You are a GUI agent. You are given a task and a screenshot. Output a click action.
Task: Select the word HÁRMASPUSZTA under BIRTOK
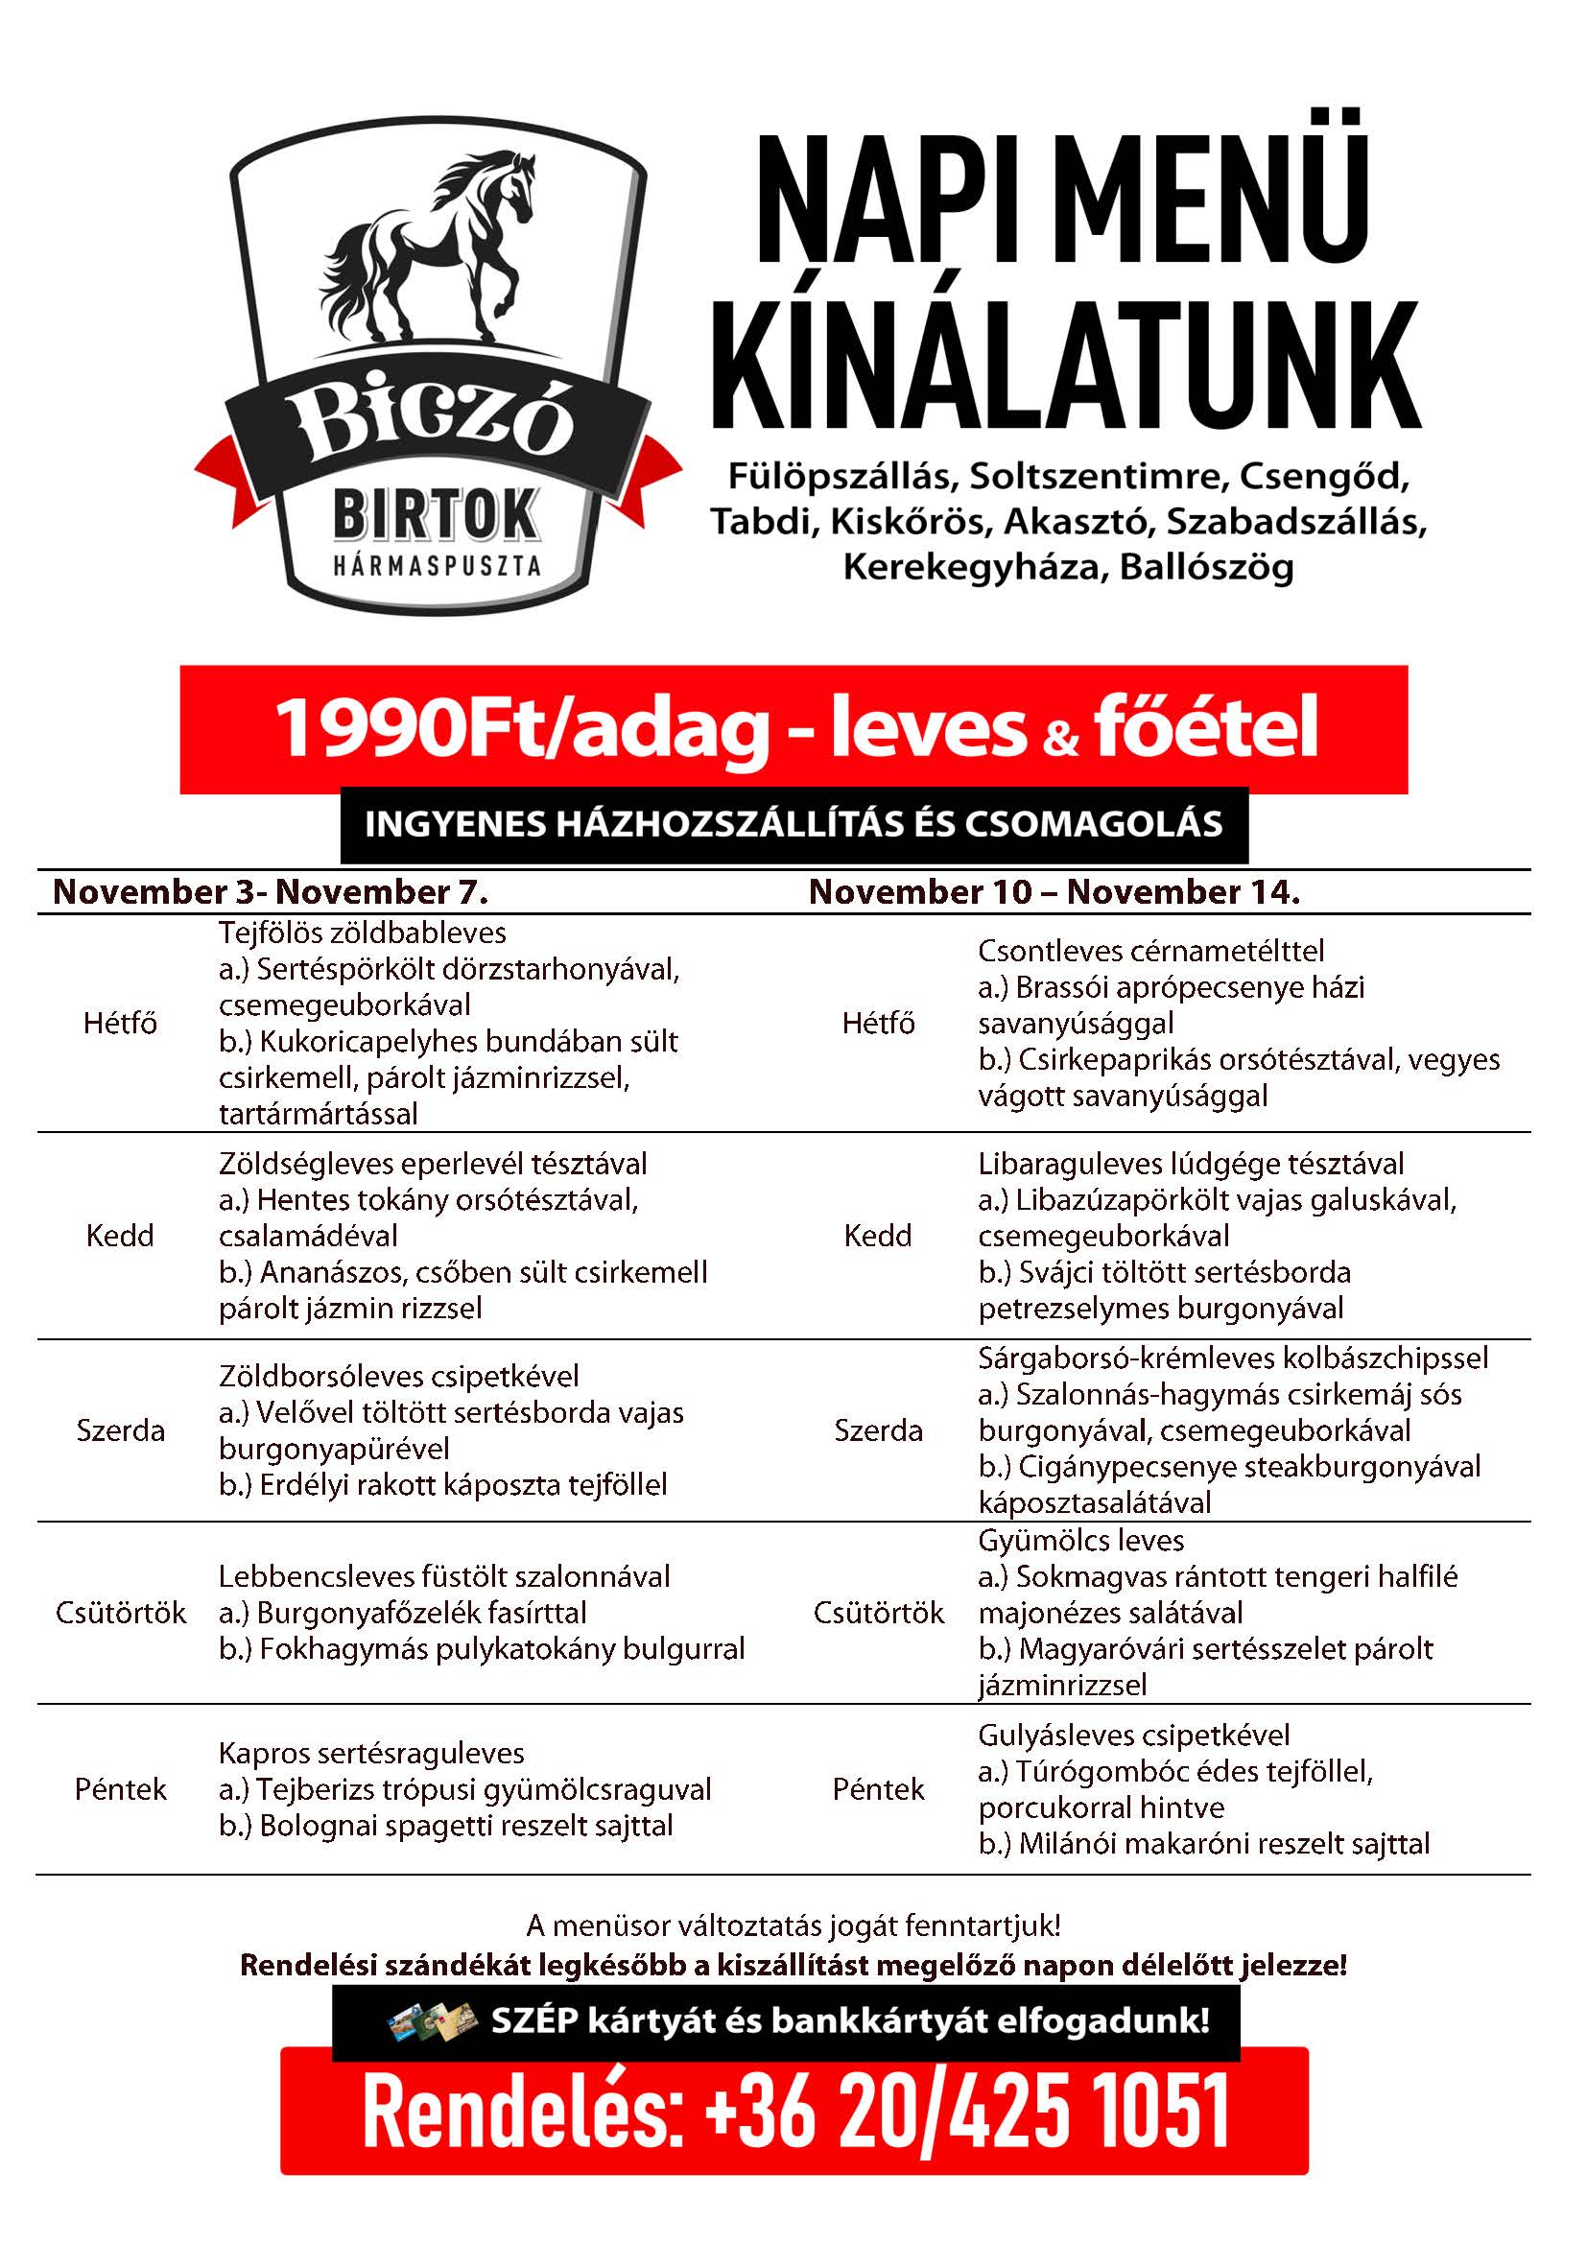tap(437, 566)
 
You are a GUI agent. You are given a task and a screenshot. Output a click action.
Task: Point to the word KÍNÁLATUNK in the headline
tap(1065, 366)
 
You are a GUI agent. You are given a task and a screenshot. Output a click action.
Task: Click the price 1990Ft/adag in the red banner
tap(522, 729)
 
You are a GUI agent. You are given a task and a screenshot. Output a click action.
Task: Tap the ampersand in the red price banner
tap(1060, 739)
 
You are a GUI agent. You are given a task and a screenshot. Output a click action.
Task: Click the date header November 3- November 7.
tap(271, 892)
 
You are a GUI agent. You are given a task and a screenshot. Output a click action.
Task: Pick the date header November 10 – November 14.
tap(1054, 892)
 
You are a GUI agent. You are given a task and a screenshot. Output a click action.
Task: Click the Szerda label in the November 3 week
tap(120, 1430)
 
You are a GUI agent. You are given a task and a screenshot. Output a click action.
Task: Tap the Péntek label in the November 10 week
tap(878, 1789)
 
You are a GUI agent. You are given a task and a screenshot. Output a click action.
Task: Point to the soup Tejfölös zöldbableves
tap(363, 933)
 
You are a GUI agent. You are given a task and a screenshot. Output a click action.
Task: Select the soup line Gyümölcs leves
tap(1080, 1542)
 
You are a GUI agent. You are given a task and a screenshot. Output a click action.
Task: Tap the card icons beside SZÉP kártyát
tap(432, 2021)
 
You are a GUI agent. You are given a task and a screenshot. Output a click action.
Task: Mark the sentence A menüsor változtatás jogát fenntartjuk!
tap(793, 1926)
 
